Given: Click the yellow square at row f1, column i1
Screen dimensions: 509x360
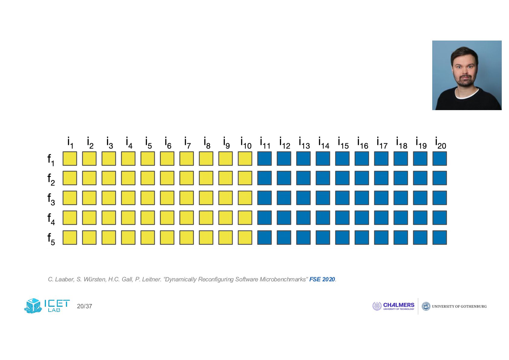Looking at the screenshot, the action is click(70, 159).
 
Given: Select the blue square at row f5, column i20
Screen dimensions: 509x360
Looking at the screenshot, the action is click(440, 238).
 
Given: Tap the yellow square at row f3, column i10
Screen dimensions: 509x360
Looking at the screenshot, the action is click(245, 198).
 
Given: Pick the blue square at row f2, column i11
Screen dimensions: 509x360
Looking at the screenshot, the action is click(264, 178).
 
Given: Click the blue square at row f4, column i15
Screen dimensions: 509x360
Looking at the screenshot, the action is click(342, 218).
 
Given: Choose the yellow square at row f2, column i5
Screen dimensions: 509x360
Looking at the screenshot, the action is click(148, 178).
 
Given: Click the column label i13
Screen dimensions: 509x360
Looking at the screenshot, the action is click(304, 143).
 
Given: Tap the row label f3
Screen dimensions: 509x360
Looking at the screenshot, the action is click(51, 199).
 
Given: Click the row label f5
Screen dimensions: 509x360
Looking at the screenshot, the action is click(51, 239).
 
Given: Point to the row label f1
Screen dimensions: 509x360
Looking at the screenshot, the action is click(51, 160).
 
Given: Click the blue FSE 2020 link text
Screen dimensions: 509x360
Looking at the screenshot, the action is click(322, 279).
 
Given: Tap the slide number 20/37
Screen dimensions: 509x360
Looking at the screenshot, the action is click(85, 306).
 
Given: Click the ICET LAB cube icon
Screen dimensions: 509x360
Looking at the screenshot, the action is click(33, 306).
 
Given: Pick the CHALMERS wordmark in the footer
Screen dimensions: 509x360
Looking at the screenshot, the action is click(399, 305).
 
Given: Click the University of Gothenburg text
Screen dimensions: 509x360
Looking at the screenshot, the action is click(459, 306).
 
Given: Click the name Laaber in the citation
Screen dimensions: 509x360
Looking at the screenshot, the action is click(64, 279).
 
